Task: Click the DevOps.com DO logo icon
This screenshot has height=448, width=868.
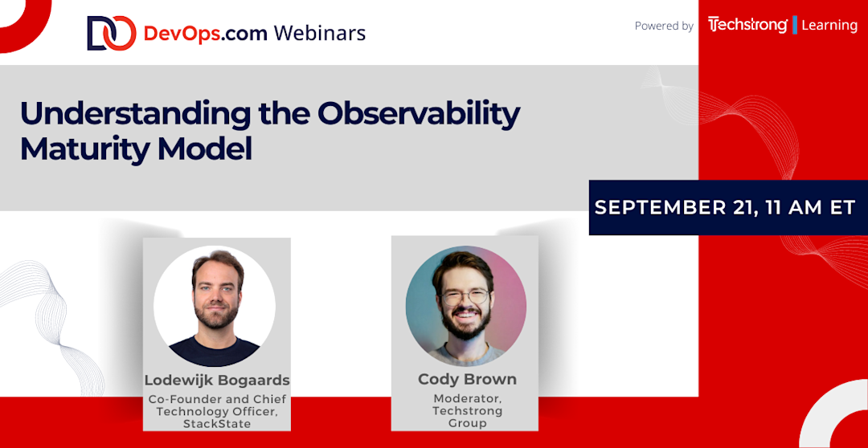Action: point(111,33)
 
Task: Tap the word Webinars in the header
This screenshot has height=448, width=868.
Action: point(319,34)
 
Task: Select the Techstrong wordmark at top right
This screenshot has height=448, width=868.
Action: point(747,26)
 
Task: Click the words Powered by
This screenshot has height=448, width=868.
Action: point(664,26)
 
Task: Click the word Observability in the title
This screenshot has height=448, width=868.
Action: point(419,115)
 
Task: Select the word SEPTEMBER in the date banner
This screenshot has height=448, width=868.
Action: point(657,207)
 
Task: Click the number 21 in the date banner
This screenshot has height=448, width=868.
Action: point(741,207)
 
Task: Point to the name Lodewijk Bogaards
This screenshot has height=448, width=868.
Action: point(217,381)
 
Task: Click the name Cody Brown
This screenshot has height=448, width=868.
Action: point(467,380)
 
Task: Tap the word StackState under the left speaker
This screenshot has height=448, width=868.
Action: point(216,423)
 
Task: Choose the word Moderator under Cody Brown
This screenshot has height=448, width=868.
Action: point(465,398)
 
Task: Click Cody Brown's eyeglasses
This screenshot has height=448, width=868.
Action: point(465,297)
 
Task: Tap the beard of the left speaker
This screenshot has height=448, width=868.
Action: point(218,316)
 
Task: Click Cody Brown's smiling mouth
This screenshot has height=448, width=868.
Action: point(467,316)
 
